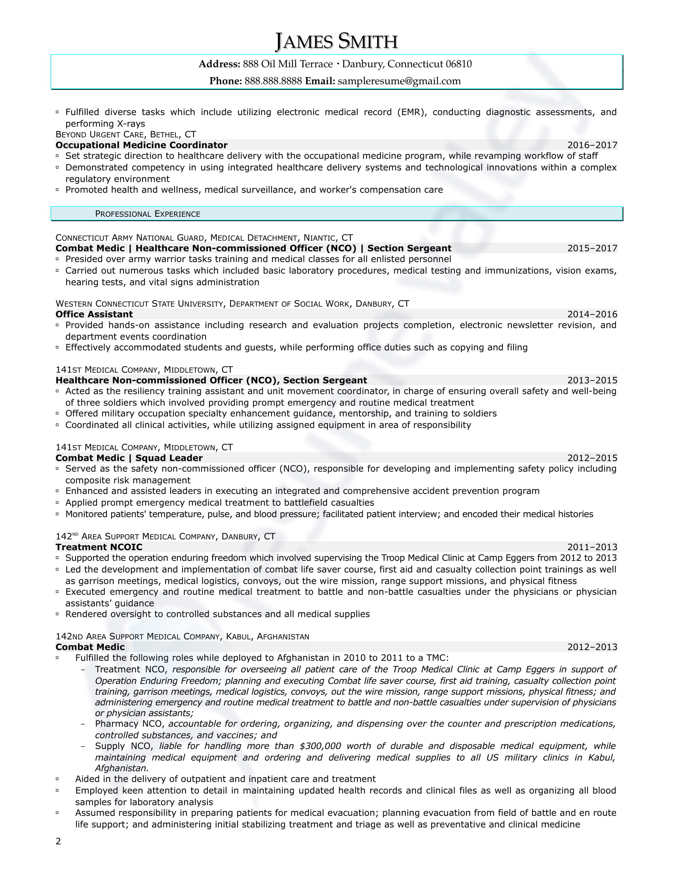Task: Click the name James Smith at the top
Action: click(336, 42)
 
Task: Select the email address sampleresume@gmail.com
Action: click(399, 81)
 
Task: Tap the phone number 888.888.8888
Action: click(273, 81)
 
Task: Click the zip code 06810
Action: click(458, 64)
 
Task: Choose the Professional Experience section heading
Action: click(148, 214)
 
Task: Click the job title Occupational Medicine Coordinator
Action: click(142, 145)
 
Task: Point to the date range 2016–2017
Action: click(592, 145)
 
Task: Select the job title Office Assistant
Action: click(94, 314)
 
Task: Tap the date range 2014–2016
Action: click(592, 314)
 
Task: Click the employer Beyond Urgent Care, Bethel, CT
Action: click(125, 134)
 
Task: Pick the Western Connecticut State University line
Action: click(232, 304)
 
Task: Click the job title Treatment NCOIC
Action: click(99, 547)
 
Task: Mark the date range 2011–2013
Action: click(592, 547)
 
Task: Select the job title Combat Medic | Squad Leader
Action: click(129, 458)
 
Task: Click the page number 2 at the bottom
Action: click(58, 841)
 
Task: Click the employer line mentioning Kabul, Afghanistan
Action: click(182, 636)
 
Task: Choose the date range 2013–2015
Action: click(592, 380)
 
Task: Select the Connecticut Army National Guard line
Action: click(204, 238)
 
